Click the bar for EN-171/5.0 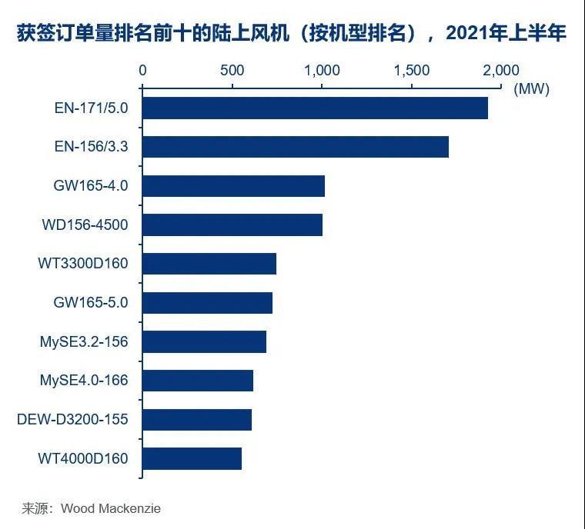(x=315, y=108)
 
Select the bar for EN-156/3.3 (x=296, y=147)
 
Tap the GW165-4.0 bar (x=233, y=186)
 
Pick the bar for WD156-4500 (x=232, y=225)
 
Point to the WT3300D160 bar (x=209, y=264)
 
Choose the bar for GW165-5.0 (x=207, y=303)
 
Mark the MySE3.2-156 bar (x=204, y=341)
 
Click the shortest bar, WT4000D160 (x=192, y=458)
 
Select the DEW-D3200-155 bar (x=197, y=420)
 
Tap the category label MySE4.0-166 (x=84, y=381)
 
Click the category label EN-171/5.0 (x=91, y=108)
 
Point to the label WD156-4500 (x=85, y=225)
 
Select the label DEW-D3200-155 (x=72, y=420)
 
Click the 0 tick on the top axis (x=142, y=70)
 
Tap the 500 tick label (x=232, y=70)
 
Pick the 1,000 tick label (x=322, y=70)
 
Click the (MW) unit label (x=531, y=88)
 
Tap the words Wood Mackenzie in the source (x=111, y=508)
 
